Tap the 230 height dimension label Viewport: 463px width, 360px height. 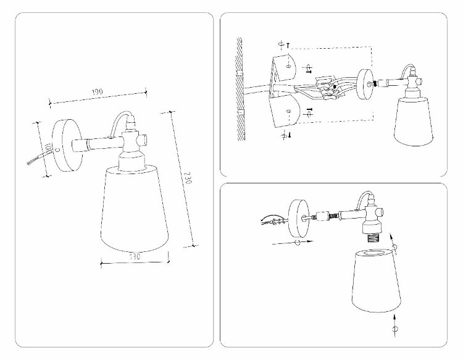(x=188, y=178)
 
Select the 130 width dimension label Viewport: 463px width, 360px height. (x=135, y=255)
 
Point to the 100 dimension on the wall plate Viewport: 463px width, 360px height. (x=48, y=149)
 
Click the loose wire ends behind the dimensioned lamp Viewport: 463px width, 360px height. (x=35, y=161)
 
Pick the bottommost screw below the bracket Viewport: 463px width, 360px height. (x=284, y=134)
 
